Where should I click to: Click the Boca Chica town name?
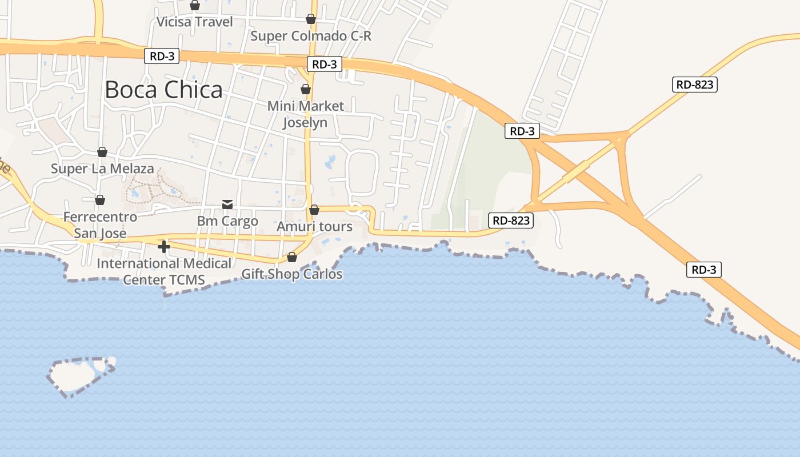pos(163,90)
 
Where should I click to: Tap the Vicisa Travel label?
pos(195,22)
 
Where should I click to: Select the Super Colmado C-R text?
pos(311,36)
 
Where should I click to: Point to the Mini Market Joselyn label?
pos(306,114)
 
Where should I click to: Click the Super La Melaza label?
pos(102,169)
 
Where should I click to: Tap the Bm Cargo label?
pos(227,221)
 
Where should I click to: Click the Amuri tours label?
pos(314,227)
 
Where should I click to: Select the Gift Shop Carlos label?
pos(292,274)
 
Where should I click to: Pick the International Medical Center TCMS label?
pos(164,271)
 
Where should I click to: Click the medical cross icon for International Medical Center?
pos(164,247)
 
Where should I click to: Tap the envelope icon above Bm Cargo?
pos(227,205)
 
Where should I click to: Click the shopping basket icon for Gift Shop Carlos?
pos(292,257)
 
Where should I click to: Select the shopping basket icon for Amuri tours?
pos(314,210)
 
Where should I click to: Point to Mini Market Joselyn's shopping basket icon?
pos(306,89)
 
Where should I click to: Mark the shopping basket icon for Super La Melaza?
pos(102,151)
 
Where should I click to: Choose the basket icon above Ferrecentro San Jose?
pos(100,200)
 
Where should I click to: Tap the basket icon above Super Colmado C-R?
pos(311,19)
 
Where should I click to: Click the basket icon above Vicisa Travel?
pos(195,5)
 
